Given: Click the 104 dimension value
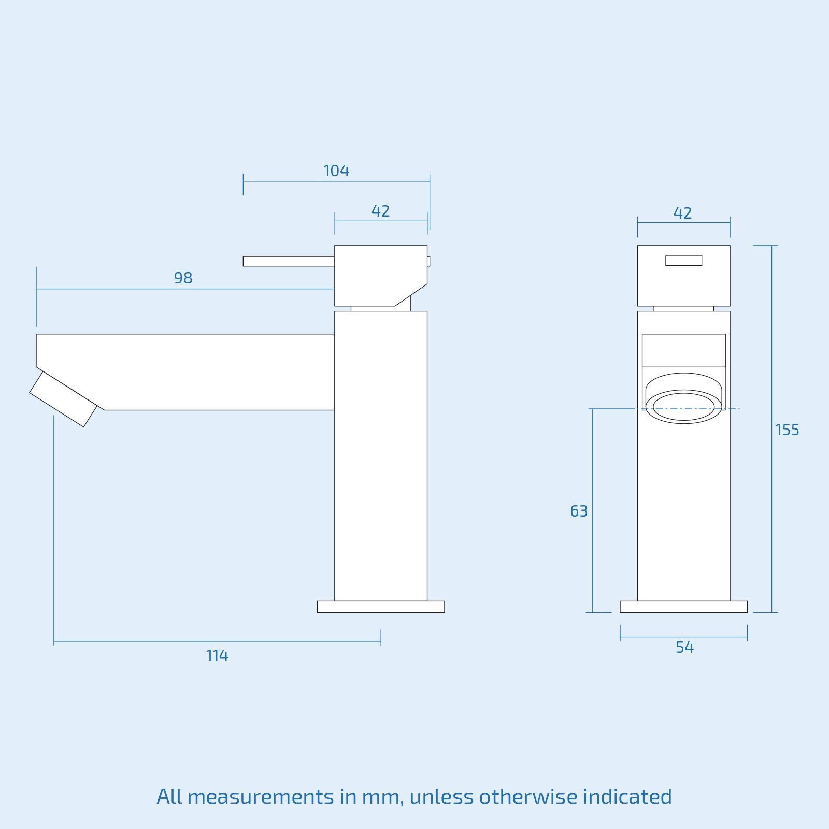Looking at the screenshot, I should pos(336,170).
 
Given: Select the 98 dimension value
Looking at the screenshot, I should pos(183,278).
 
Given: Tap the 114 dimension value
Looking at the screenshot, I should pos(217,656).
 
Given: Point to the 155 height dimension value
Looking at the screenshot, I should pos(787,430).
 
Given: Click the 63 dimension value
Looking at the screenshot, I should pos(579,511).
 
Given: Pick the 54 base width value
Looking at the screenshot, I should pos(684,648).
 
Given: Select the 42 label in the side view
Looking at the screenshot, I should pos(380,211).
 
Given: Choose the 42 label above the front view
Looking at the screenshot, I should pos(682,213).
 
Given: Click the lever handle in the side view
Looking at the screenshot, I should pos(288,261).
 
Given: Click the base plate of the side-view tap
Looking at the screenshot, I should pos(381,607).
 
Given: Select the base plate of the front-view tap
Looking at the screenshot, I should pos(683,607).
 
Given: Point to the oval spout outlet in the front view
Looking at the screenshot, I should pos(683,406).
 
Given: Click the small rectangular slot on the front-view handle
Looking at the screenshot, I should pos(683,261).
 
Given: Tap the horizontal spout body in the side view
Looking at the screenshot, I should pos(207,371).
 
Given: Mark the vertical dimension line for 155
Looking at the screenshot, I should pos(772,363).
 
